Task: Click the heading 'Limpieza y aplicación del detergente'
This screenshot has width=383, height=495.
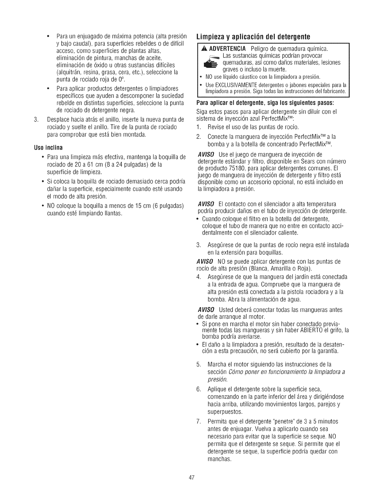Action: coord(253,36)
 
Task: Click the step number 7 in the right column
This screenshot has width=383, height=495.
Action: coord(198,422)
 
